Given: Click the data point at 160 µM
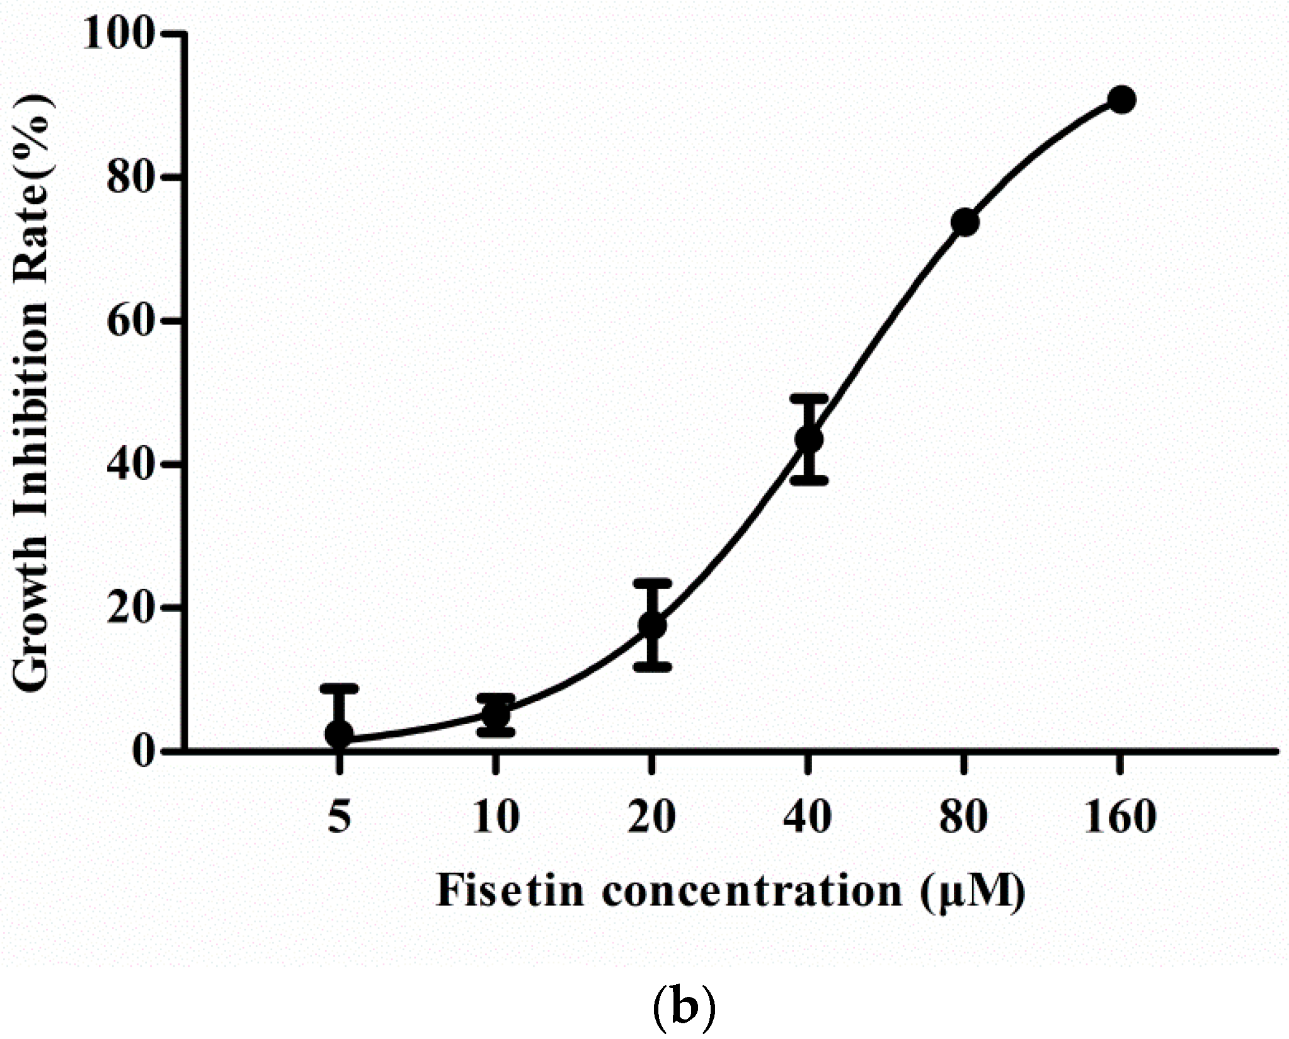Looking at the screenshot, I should (x=1121, y=100).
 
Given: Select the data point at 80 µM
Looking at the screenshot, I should (x=965, y=222).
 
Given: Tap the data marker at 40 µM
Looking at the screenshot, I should (x=809, y=438).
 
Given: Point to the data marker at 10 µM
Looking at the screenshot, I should (x=496, y=714).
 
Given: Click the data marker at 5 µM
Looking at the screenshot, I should (x=339, y=733).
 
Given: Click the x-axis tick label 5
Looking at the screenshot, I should (x=339, y=817).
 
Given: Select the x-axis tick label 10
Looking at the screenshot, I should (x=496, y=817).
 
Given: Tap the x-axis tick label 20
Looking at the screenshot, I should (x=652, y=817).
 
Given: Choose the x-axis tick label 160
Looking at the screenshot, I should (x=1121, y=817).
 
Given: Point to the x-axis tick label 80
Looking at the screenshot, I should (x=964, y=817).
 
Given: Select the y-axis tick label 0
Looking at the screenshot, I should (x=144, y=751).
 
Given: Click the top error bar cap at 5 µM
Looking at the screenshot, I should (x=339, y=688).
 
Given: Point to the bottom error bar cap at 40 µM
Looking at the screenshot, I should (x=809, y=480).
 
